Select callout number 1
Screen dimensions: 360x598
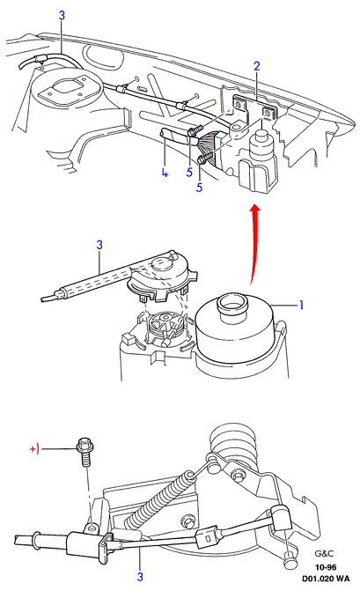click(x=301, y=305)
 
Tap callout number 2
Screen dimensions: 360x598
click(x=257, y=66)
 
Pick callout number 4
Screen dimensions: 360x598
click(x=165, y=173)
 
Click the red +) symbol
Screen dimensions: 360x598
click(x=34, y=449)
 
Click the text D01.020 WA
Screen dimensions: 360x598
click(x=326, y=579)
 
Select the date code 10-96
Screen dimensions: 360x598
click(x=326, y=567)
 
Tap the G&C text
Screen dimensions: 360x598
click(x=321, y=553)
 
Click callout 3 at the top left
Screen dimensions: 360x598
click(x=62, y=16)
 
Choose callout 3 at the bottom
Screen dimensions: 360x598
click(x=140, y=577)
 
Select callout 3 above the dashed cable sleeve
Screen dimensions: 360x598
click(x=99, y=245)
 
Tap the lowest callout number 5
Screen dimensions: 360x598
click(x=199, y=188)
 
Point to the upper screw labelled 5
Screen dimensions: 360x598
click(x=195, y=131)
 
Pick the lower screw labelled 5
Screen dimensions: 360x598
click(x=204, y=158)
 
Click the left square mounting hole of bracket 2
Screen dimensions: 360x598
click(x=239, y=106)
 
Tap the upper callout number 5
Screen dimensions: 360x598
click(x=189, y=172)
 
